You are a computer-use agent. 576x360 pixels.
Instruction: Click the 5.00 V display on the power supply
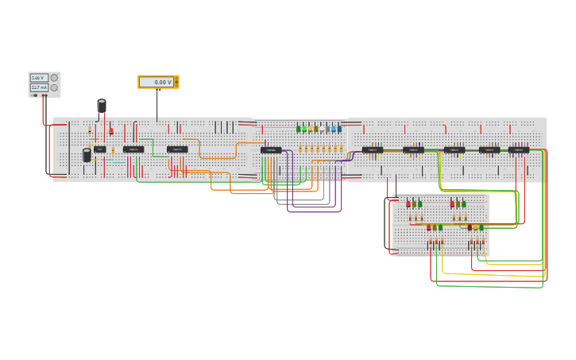[x=38, y=78]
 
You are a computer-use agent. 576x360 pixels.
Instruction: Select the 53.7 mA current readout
[x=38, y=87]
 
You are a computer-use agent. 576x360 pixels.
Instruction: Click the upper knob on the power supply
[x=55, y=78]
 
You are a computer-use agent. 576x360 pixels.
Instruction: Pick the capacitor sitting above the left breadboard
[x=102, y=106]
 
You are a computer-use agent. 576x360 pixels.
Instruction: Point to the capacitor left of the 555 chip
[x=87, y=155]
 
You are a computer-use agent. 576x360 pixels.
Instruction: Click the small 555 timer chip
[x=99, y=149]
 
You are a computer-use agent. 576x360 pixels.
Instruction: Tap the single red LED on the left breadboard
[x=111, y=130]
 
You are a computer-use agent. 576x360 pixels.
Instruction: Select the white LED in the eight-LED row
[x=327, y=129]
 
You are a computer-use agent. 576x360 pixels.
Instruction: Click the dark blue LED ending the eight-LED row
[x=339, y=129]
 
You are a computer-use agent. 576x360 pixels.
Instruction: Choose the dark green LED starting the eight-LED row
[x=299, y=129]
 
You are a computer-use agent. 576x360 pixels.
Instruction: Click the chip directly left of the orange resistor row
[x=270, y=149]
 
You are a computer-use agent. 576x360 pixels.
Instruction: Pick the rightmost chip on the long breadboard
[x=518, y=149]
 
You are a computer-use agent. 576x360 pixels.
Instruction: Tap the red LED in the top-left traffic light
[x=408, y=204]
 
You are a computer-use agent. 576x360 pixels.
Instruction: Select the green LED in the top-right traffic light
[x=464, y=204]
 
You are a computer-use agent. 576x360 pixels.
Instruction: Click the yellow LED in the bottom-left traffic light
[x=435, y=227]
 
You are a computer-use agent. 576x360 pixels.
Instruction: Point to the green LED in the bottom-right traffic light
[x=481, y=227]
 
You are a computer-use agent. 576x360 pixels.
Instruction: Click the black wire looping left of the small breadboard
[x=389, y=226]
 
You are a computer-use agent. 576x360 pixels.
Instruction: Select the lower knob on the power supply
[x=55, y=87]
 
